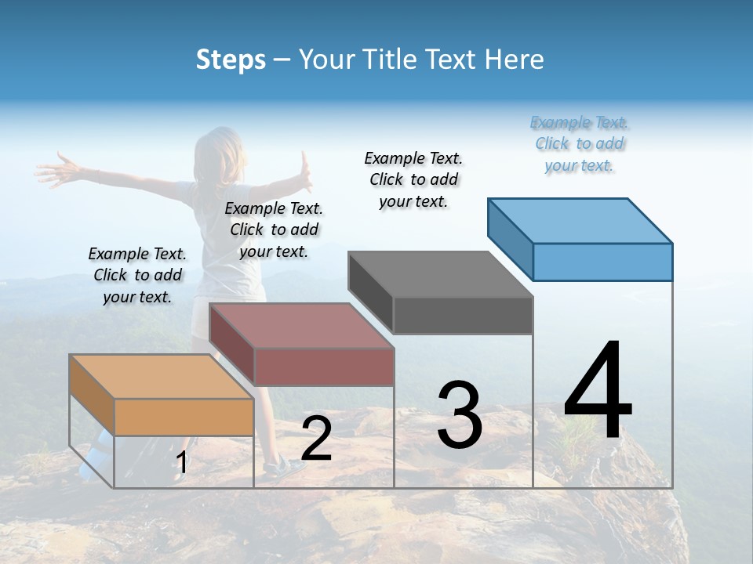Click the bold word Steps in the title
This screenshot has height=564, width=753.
click(231, 60)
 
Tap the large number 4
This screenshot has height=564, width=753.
click(598, 392)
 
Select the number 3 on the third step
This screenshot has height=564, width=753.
click(460, 415)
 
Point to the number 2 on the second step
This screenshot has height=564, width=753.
click(316, 439)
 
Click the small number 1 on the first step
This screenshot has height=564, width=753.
click(182, 463)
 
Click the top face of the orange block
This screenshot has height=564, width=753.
click(161, 376)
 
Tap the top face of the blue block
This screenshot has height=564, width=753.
click(580, 220)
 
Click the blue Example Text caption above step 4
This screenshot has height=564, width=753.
click(580, 144)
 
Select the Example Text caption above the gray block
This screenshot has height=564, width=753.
click(414, 179)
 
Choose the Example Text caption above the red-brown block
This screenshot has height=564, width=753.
click(274, 230)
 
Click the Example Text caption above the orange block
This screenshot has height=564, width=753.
click(137, 275)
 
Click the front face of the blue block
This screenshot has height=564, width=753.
click(602, 262)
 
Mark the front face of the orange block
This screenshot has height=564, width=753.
click(184, 417)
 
